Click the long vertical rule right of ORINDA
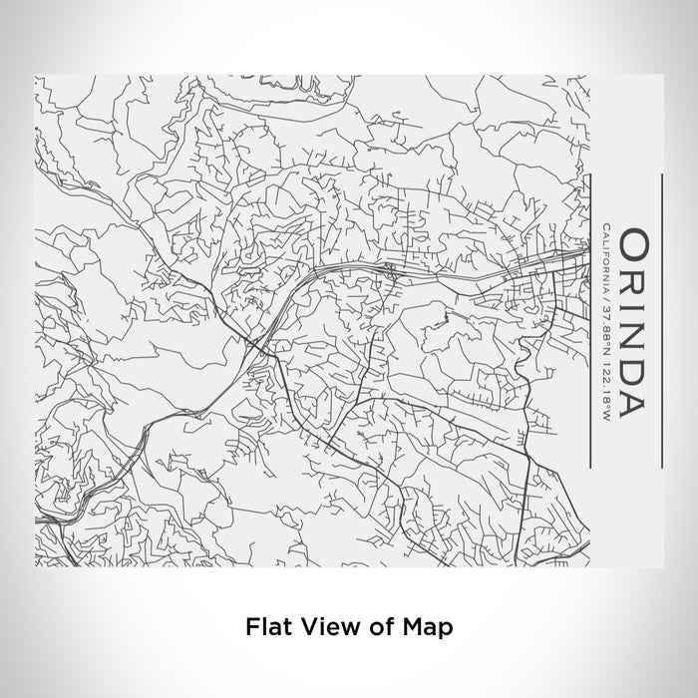click(661, 321)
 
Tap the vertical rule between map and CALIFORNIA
click(590, 321)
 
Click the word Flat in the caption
click(265, 627)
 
